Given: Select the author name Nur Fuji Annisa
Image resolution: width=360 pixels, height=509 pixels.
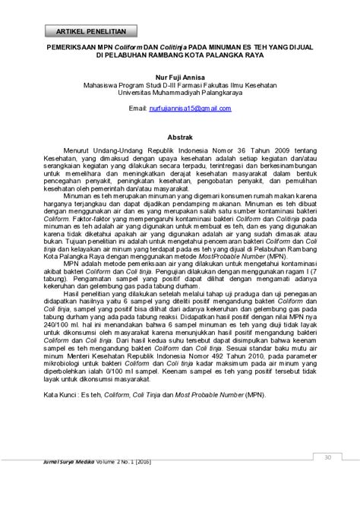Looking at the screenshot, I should coord(179,77).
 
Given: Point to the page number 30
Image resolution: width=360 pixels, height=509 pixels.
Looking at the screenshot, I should coord(327,457).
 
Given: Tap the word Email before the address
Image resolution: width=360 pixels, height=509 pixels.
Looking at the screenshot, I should coord(137,109).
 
